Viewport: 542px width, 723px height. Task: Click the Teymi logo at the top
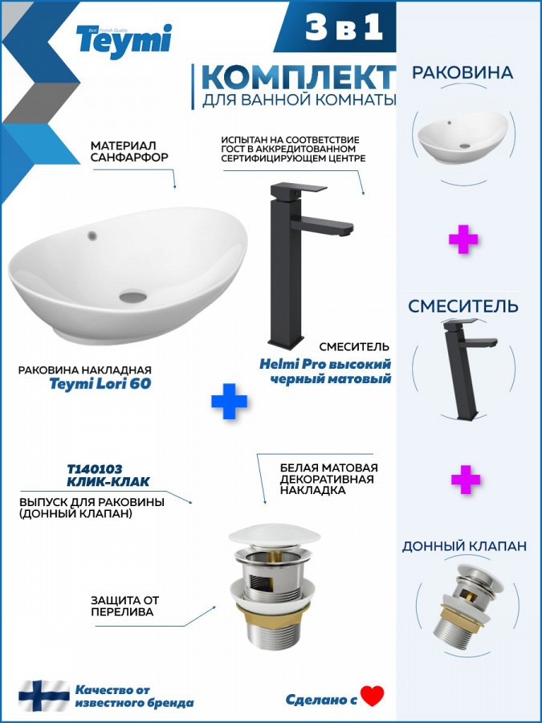(124, 41)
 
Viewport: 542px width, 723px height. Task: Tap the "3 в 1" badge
(344, 27)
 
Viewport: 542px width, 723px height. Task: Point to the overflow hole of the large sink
(92, 236)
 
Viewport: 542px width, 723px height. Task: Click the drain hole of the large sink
(133, 296)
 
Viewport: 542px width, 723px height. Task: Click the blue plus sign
(229, 401)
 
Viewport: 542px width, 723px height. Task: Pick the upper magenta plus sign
(463, 239)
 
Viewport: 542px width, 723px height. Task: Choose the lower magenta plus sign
(466, 480)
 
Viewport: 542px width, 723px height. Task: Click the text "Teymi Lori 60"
(100, 384)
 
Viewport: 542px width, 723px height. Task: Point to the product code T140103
(95, 469)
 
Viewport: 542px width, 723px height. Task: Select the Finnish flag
(44, 696)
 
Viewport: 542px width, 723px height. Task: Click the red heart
(373, 696)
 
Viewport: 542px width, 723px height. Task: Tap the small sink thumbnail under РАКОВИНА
(463, 137)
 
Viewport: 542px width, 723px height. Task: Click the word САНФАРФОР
(129, 157)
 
